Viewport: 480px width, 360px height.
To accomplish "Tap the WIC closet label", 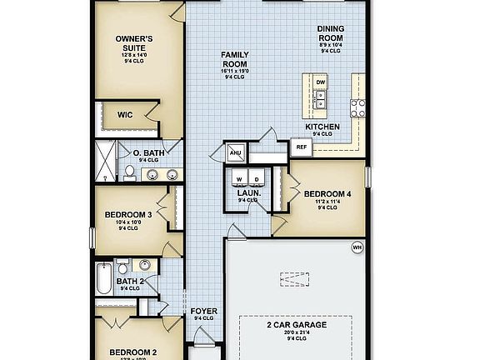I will pyautogui.click(x=126, y=116).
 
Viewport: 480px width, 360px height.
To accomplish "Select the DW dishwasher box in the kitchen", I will pyautogui.click(x=321, y=82).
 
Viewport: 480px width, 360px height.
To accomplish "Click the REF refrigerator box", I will pyautogui.click(x=302, y=147).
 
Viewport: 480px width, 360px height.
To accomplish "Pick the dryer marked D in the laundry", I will pyautogui.click(x=257, y=178).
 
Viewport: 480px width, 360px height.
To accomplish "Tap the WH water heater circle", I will pyautogui.click(x=357, y=247).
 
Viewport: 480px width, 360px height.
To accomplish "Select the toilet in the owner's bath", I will pyautogui.click(x=130, y=172).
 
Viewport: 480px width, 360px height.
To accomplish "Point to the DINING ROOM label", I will pyautogui.click(x=331, y=34).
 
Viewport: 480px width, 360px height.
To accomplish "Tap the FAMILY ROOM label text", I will pyautogui.click(x=235, y=59).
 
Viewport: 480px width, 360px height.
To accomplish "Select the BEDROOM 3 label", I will pyautogui.click(x=127, y=214).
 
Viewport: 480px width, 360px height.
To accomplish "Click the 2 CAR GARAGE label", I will pyautogui.click(x=297, y=324).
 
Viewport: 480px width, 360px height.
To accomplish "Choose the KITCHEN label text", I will pyautogui.click(x=322, y=126).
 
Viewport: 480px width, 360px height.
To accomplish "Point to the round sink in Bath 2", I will pyautogui.click(x=143, y=266).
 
